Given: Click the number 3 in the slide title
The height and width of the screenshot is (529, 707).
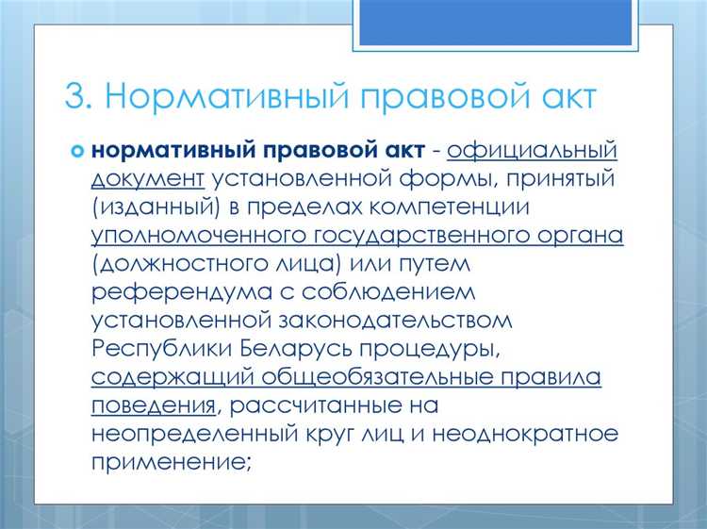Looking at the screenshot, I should pos(76,98).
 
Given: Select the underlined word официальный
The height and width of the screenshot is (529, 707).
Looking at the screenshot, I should pos(533,151).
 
